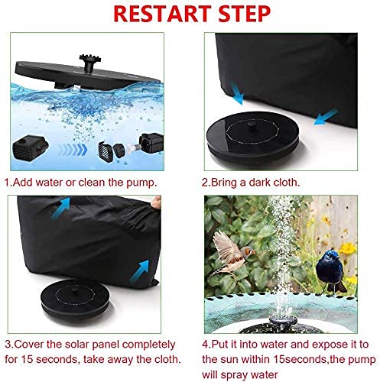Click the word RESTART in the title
tap(162, 14)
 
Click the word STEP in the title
tap(244, 14)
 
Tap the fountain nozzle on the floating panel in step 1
tap(89, 63)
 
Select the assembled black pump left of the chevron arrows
tap(30, 147)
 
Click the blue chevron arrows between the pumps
tap(73, 150)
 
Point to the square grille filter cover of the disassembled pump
tap(105, 152)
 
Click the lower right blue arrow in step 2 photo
tap(326, 118)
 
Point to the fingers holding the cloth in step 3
tap(156, 202)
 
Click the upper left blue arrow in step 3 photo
tap(60, 208)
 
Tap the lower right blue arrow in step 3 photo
tap(139, 270)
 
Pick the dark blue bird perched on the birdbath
tap(330, 271)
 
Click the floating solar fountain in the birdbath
tap(283, 321)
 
